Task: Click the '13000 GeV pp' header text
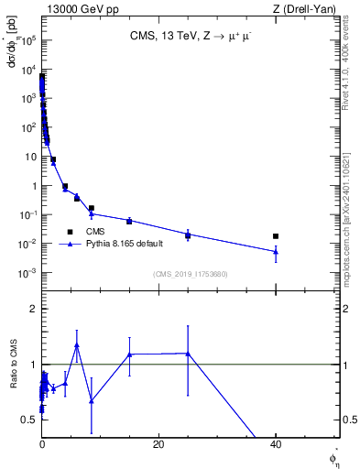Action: (x=80, y=8)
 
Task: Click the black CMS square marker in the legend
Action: (x=70, y=232)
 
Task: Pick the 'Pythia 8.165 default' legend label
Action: (x=123, y=245)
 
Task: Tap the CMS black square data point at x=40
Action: (x=276, y=236)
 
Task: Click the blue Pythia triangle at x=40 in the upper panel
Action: (x=276, y=251)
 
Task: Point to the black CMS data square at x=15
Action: (x=129, y=221)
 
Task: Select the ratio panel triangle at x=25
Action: (x=188, y=353)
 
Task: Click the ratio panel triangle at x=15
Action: (x=129, y=354)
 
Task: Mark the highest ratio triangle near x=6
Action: (x=77, y=345)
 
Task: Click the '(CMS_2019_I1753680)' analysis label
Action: (x=191, y=274)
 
